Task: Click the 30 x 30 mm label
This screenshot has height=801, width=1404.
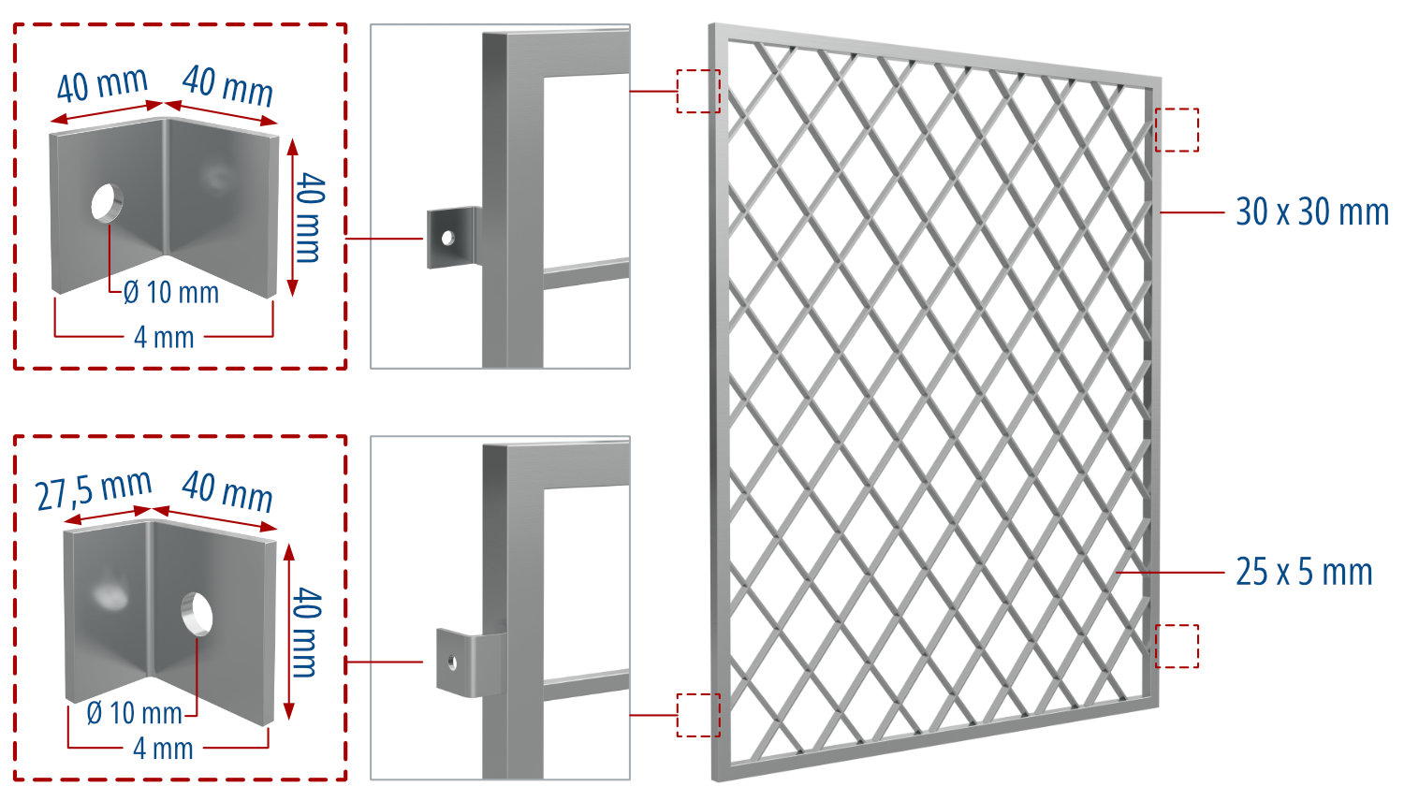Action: [1311, 212]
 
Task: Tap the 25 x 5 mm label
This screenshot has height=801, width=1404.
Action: [1304, 572]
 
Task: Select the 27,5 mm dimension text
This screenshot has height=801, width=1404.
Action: [94, 490]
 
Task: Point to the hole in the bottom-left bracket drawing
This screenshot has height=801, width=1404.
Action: [197, 612]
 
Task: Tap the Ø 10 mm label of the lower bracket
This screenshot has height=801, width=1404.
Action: [134, 714]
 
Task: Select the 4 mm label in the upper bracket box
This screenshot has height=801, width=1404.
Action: [164, 337]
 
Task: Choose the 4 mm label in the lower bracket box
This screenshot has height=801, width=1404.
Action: [163, 749]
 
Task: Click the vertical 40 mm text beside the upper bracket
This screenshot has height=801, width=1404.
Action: [310, 216]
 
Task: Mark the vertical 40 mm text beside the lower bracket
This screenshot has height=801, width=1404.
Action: [307, 632]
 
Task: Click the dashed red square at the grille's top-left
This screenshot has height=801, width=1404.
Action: [698, 91]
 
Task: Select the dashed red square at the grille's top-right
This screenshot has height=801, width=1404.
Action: [1177, 130]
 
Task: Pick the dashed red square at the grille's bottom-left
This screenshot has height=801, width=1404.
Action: [698, 715]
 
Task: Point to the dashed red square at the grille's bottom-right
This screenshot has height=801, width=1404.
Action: [1177, 646]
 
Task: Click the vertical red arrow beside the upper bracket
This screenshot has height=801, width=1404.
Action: [293, 216]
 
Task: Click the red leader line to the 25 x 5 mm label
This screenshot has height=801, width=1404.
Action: [1170, 572]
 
